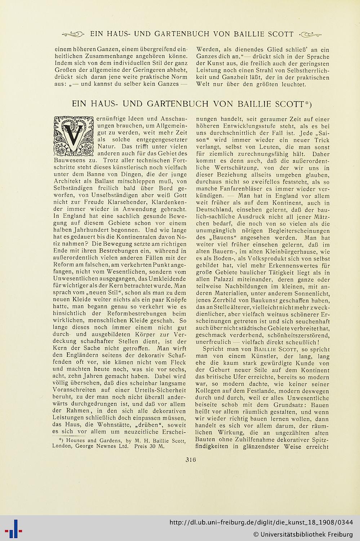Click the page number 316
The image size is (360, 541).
(x=190, y=459)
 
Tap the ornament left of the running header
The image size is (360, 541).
(x=73, y=34)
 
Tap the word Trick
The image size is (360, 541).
(x=321, y=140)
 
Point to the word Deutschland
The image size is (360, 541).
(x=213, y=210)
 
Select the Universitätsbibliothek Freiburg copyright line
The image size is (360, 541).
(x=303, y=534)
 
